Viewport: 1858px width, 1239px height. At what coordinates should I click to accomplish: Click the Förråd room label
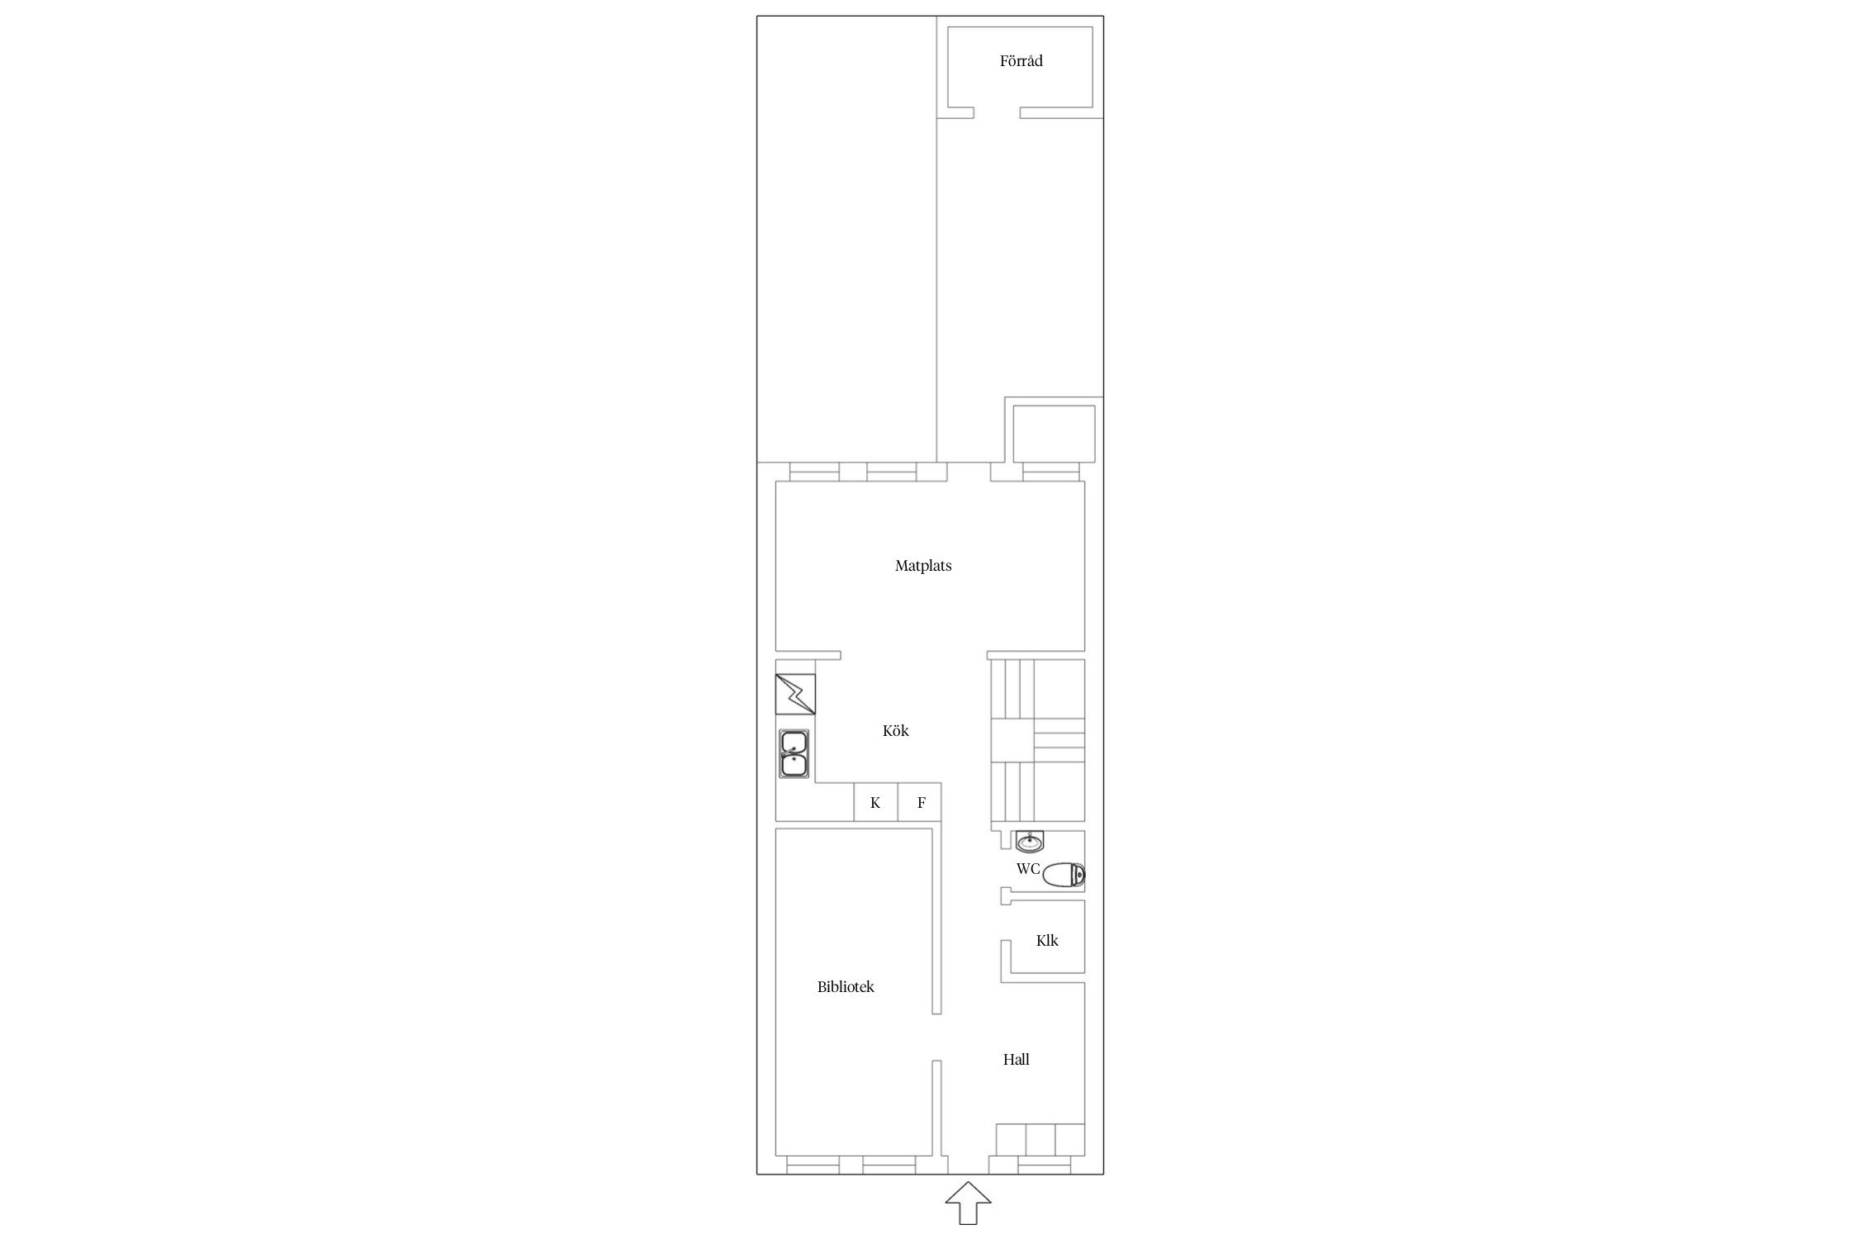click(1021, 60)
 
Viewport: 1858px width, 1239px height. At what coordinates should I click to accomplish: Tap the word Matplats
click(923, 566)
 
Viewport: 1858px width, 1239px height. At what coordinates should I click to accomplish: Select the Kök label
click(895, 730)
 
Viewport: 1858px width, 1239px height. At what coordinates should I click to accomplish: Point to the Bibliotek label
click(846, 986)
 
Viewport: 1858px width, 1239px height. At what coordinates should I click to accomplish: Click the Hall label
click(1016, 1059)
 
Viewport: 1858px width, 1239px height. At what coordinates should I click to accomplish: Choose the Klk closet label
click(1047, 940)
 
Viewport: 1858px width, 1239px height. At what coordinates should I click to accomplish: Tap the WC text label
click(1028, 869)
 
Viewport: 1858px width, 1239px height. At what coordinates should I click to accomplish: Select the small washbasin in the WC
click(1029, 842)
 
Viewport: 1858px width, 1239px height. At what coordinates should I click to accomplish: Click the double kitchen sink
click(216, 753)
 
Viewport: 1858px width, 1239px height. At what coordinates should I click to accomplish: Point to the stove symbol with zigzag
click(217, 694)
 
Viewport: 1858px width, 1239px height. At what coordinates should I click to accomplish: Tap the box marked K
click(875, 802)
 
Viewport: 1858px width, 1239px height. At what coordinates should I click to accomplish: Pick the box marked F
click(920, 802)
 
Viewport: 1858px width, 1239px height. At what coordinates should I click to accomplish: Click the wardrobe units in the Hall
click(1040, 1140)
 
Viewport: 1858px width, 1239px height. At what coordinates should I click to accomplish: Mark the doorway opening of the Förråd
click(997, 113)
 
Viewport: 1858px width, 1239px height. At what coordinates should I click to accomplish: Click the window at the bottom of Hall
click(1045, 1165)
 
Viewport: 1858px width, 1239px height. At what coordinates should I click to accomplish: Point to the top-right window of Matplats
click(1051, 472)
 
